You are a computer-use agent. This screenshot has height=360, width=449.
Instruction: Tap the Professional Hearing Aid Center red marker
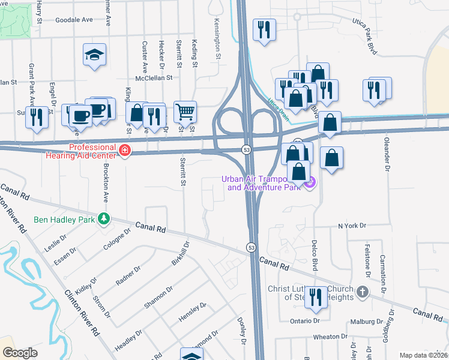tap(125, 150)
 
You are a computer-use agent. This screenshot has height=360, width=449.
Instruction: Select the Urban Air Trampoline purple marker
tap(310, 182)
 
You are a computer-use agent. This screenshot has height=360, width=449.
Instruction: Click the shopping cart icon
tap(185, 111)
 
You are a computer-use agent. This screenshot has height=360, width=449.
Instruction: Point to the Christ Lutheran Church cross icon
tap(362, 292)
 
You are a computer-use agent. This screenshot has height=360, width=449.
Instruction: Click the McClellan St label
tap(154, 77)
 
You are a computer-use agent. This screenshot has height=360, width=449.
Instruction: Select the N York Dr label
tap(352, 226)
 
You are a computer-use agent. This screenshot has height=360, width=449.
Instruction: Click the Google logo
tap(20, 353)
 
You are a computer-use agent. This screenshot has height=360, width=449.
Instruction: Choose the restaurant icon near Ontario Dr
tap(315, 298)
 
